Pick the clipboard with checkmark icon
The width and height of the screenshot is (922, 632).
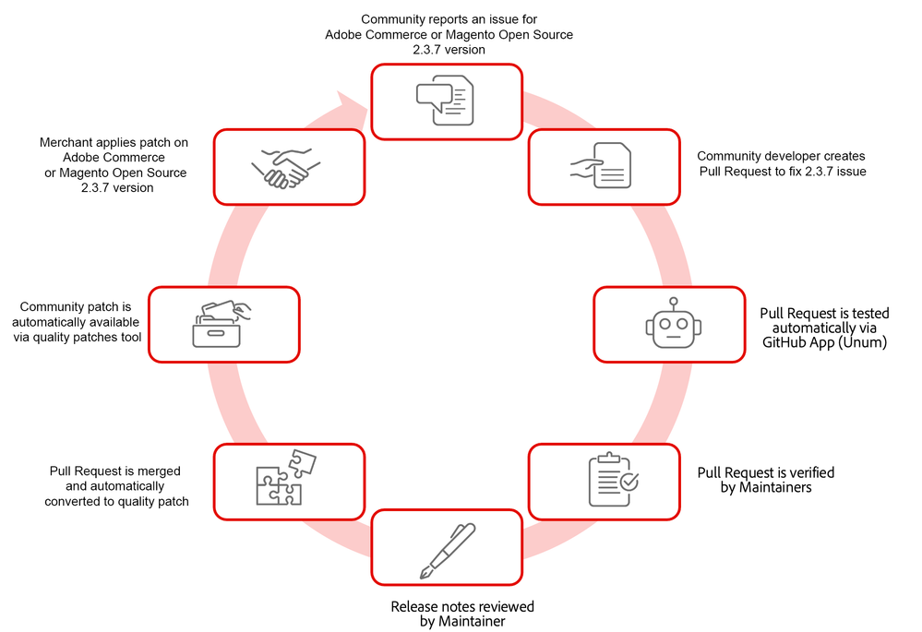(x=613, y=479)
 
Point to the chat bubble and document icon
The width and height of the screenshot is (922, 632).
(x=446, y=101)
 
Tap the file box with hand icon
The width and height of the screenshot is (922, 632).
(x=222, y=324)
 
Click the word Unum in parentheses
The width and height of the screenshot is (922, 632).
(x=863, y=341)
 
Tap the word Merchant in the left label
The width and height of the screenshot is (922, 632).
(x=67, y=143)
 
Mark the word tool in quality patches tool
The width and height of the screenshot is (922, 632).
(x=128, y=337)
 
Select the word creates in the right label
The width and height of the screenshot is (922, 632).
(x=845, y=157)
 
